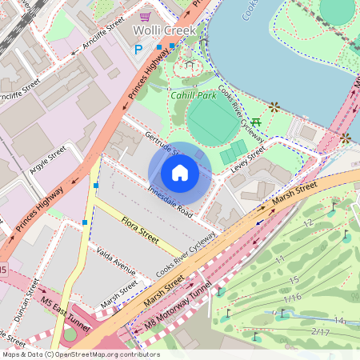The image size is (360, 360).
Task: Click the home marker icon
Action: (180, 173)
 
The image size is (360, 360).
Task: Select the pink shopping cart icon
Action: (145, 16)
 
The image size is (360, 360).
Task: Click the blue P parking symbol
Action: (138, 49)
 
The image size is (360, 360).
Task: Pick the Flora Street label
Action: (140, 228)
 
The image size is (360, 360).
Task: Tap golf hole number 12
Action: (307, 223)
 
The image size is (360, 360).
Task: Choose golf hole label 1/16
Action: (292, 298)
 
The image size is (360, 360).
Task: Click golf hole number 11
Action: (279, 259)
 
